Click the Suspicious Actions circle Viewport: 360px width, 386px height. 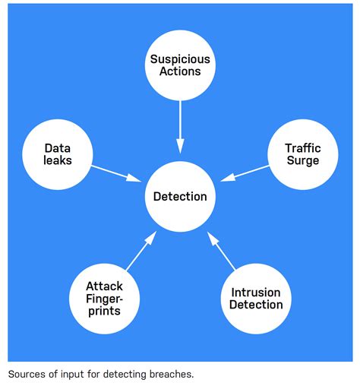[x=180, y=65]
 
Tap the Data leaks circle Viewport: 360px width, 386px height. [x=58, y=155]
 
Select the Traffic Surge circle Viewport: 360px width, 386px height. [x=302, y=155]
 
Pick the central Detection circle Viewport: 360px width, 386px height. [x=180, y=197]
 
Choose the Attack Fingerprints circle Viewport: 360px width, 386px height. [x=104, y=299]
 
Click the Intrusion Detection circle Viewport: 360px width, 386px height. [x=256, y=299]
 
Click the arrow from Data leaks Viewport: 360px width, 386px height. [x=116, y=172]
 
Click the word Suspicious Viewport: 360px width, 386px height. [x=180, y=59]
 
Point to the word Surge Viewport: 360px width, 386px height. [x=302, y=161]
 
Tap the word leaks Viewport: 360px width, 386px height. [x=58, y=161]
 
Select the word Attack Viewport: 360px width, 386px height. [x=104, y=286]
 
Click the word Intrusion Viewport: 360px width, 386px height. [x=256, y=293]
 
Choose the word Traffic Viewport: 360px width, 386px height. [x=302, y=148]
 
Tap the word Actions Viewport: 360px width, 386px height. [x=180, y=71]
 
